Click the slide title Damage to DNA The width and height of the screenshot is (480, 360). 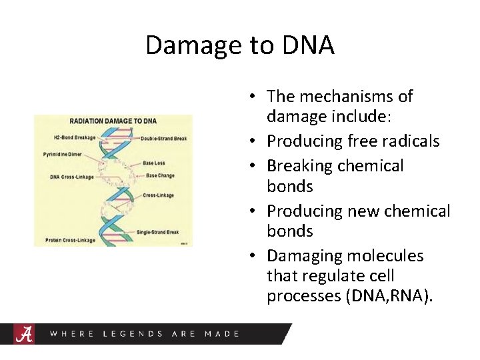click(239, 45)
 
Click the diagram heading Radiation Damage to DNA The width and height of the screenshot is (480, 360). click(113, 121)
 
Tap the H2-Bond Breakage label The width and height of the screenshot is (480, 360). click(75, 137)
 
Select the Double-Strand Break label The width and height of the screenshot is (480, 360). click(164, 139)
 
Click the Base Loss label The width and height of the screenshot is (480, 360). click(154, 163)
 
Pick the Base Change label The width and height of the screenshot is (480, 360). click(161, 176)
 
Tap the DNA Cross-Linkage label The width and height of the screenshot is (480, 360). click(72, 177)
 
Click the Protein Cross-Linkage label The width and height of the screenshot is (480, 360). click(70, 240)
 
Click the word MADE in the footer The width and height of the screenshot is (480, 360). click(222, 333)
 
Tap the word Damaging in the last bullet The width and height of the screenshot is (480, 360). click(303, 256)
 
